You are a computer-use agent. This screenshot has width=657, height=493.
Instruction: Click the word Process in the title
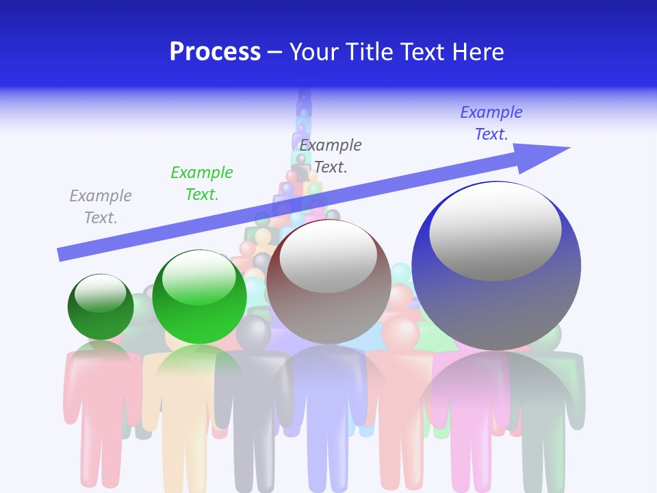pos(215,52)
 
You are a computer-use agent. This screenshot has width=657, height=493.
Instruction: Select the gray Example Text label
pos(100,207)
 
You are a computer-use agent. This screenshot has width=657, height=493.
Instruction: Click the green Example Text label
pos(202,184)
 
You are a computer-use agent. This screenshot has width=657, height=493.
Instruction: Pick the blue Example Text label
pos(491,123)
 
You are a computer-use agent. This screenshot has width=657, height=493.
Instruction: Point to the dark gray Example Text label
pos(331,155)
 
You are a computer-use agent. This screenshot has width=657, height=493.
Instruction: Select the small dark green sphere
pos(101,318)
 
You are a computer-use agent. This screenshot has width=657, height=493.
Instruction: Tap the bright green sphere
pos(199,308)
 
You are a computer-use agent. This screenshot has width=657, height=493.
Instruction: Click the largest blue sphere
pos(496,301)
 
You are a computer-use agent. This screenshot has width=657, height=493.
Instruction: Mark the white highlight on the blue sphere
pos(495,229)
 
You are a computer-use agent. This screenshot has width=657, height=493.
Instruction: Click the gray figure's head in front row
pos(254,332)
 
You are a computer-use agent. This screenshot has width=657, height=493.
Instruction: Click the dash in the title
pos(275,52)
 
